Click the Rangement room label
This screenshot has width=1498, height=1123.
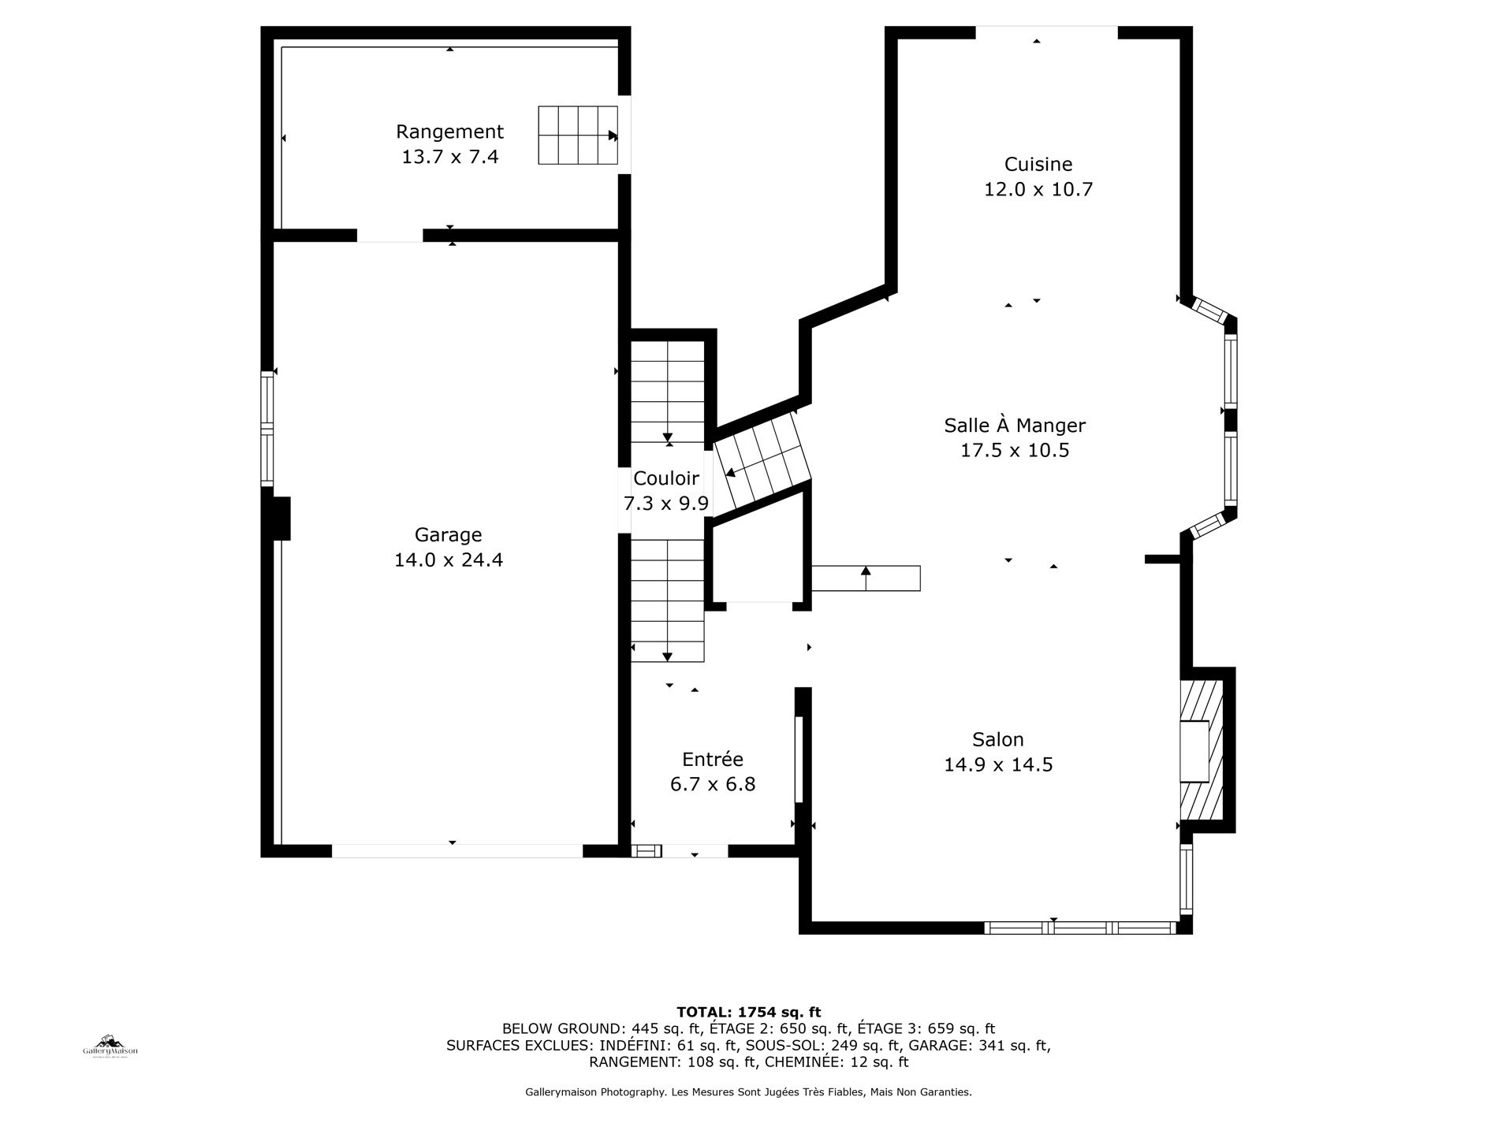[x=449, y=132]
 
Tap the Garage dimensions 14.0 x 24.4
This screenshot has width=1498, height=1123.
[x=449, y=560]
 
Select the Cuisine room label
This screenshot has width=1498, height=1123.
[x=1038, y=164]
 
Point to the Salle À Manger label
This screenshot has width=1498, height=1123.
[x=1015, y=426]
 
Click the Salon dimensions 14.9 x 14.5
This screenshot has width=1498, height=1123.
[x=998, y=764]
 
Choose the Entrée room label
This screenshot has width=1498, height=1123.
[x=713, y=759]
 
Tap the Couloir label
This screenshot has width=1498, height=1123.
[x=666, y=478]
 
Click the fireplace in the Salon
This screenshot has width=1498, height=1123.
[x=1201, y=750]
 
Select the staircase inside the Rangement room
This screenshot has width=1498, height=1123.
[x=578, y=136]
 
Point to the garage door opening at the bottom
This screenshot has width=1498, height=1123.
[x=456, y=851]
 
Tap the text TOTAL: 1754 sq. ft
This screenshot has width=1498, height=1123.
[x=749, y=1012]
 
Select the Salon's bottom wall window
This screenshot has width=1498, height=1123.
[x=1081, y=928]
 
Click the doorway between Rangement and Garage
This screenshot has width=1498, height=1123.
[x=390, y=236]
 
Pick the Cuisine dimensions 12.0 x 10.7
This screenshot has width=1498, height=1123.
[x=1038, y=189]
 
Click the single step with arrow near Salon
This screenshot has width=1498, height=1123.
[x=866, y=578]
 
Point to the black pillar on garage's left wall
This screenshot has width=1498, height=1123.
[x=281, y=519]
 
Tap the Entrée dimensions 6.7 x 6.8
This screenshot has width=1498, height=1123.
[x=713, y=784]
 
